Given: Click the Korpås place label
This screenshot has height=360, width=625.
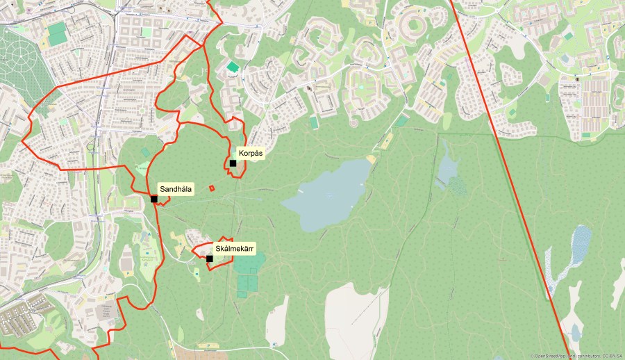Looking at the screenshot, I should tap(251, 152).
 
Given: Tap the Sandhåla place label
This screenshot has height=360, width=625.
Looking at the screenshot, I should tap(176, 188).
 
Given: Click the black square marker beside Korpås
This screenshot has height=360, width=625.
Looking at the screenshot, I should tap(233, 163).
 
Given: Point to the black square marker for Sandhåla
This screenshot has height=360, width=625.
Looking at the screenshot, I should tap(153, 199).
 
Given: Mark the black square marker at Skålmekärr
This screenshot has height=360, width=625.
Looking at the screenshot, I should tap(210, 259).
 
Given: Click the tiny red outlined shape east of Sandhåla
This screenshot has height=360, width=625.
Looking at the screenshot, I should tap(212, 187).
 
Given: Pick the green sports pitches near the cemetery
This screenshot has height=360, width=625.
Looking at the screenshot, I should tap(57, 33).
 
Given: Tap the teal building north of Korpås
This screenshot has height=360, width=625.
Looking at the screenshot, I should tap(232, 67).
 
